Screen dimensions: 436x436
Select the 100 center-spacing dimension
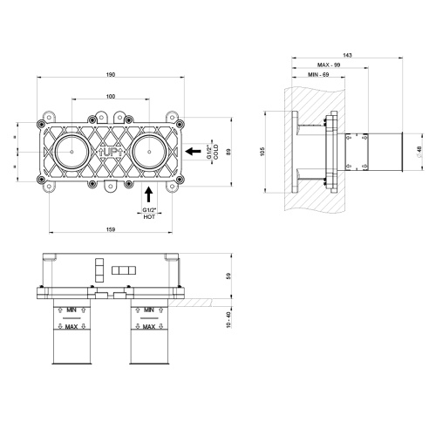pyautogui.click(x=111, y=96)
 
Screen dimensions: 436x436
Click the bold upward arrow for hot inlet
pyautogui.click(x=149, y=193)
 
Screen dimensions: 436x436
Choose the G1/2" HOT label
pyautogui.click(x=150, y=215)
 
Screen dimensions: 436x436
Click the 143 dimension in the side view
pyautogui.click(x=349, y=54)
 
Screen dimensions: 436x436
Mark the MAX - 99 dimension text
pyautogui.click(x=330, y=65)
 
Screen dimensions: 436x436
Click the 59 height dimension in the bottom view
pyautogui.click(x=229, y=277)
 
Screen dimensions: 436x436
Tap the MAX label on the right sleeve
pyautogui.click(x=149, y=327)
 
